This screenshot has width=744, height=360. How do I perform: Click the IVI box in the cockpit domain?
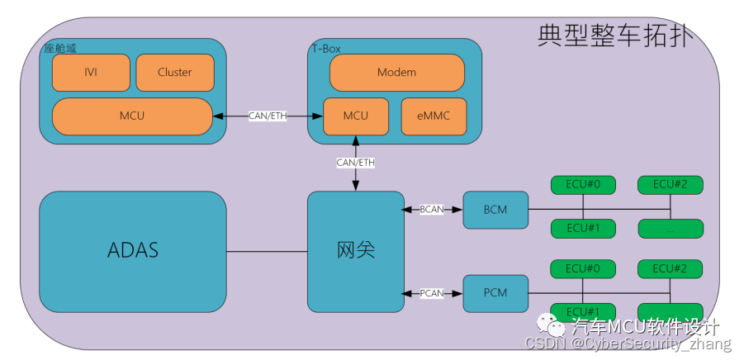(x=91, y=73)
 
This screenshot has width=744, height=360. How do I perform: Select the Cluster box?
(x=174, y=73)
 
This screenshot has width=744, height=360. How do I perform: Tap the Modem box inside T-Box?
(x=396, y=73)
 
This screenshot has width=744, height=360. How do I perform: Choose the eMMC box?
(x=434, y=116)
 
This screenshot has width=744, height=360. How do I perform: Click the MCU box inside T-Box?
(x=355, y=116)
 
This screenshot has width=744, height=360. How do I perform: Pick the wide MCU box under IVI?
(x=132, y=116)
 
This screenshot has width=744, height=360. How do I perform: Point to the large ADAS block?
(x=132, y=251)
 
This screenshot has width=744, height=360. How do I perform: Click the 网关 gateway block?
(x=356, y=251)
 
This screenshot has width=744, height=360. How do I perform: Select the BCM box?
(x=495, y=210)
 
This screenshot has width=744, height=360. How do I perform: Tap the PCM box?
(x=495, y=293)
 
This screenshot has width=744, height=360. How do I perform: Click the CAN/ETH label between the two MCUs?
(x=268, y=116)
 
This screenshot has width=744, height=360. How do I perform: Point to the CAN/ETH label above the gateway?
(x=356, y=163)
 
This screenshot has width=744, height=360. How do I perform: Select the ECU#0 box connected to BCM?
(x=583, y=184)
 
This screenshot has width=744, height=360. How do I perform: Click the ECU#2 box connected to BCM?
(x=670, y=184)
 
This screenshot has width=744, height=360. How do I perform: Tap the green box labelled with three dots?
(x=670, y=229)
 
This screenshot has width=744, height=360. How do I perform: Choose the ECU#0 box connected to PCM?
(x=583, y=268)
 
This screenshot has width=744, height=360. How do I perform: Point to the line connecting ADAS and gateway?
(x=267, y=251)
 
